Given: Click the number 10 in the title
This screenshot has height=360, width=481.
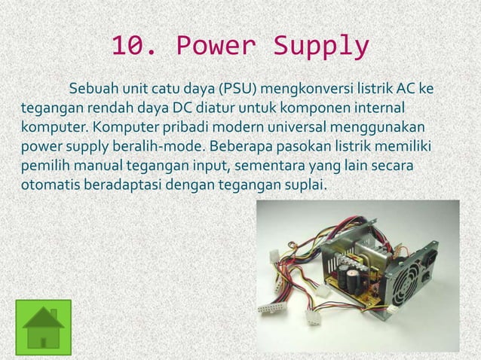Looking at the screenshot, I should [x=129, y=47].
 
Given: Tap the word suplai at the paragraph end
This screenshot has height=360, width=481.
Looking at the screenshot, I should [x=306, y=182].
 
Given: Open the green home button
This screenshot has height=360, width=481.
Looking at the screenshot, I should [x=43, y=324].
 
